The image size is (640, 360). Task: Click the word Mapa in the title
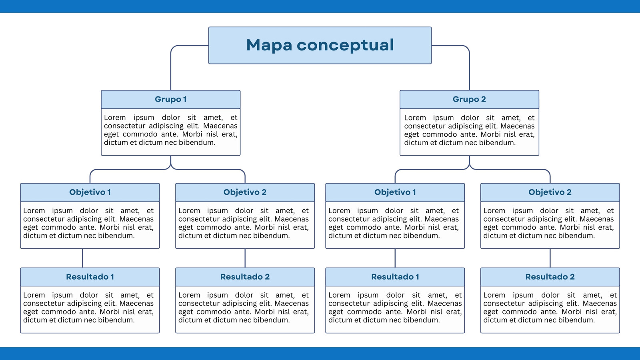click(x=269, y=46)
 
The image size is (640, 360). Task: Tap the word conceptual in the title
click(x=345, y=46)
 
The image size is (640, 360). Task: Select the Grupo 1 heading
click(x=170, y=99)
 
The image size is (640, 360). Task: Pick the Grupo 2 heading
click(x=469, y=99)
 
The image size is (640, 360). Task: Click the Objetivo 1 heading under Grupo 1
click(x=90, y=192)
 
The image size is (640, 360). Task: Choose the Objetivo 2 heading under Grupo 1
click(x=245, y=192)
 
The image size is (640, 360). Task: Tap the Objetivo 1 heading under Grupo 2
click(x=395, y=192)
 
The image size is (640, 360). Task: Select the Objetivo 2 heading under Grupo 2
click(x=550, y=192)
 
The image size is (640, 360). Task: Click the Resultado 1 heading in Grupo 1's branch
click(x=90, y=276)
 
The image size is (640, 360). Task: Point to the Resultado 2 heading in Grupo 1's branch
click(x=245, y=276)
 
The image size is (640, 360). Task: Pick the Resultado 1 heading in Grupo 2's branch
click(x=395, y=276)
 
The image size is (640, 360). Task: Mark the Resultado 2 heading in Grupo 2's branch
click(x=550, y=276)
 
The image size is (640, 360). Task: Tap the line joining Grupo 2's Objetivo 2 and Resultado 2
click(x=550, y=258)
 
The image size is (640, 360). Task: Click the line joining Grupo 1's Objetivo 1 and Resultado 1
click(x=82, y=258)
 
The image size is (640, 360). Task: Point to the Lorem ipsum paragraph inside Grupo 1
click(x=170, y=130)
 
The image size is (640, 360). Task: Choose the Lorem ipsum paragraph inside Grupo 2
click(x=469, y=130)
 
